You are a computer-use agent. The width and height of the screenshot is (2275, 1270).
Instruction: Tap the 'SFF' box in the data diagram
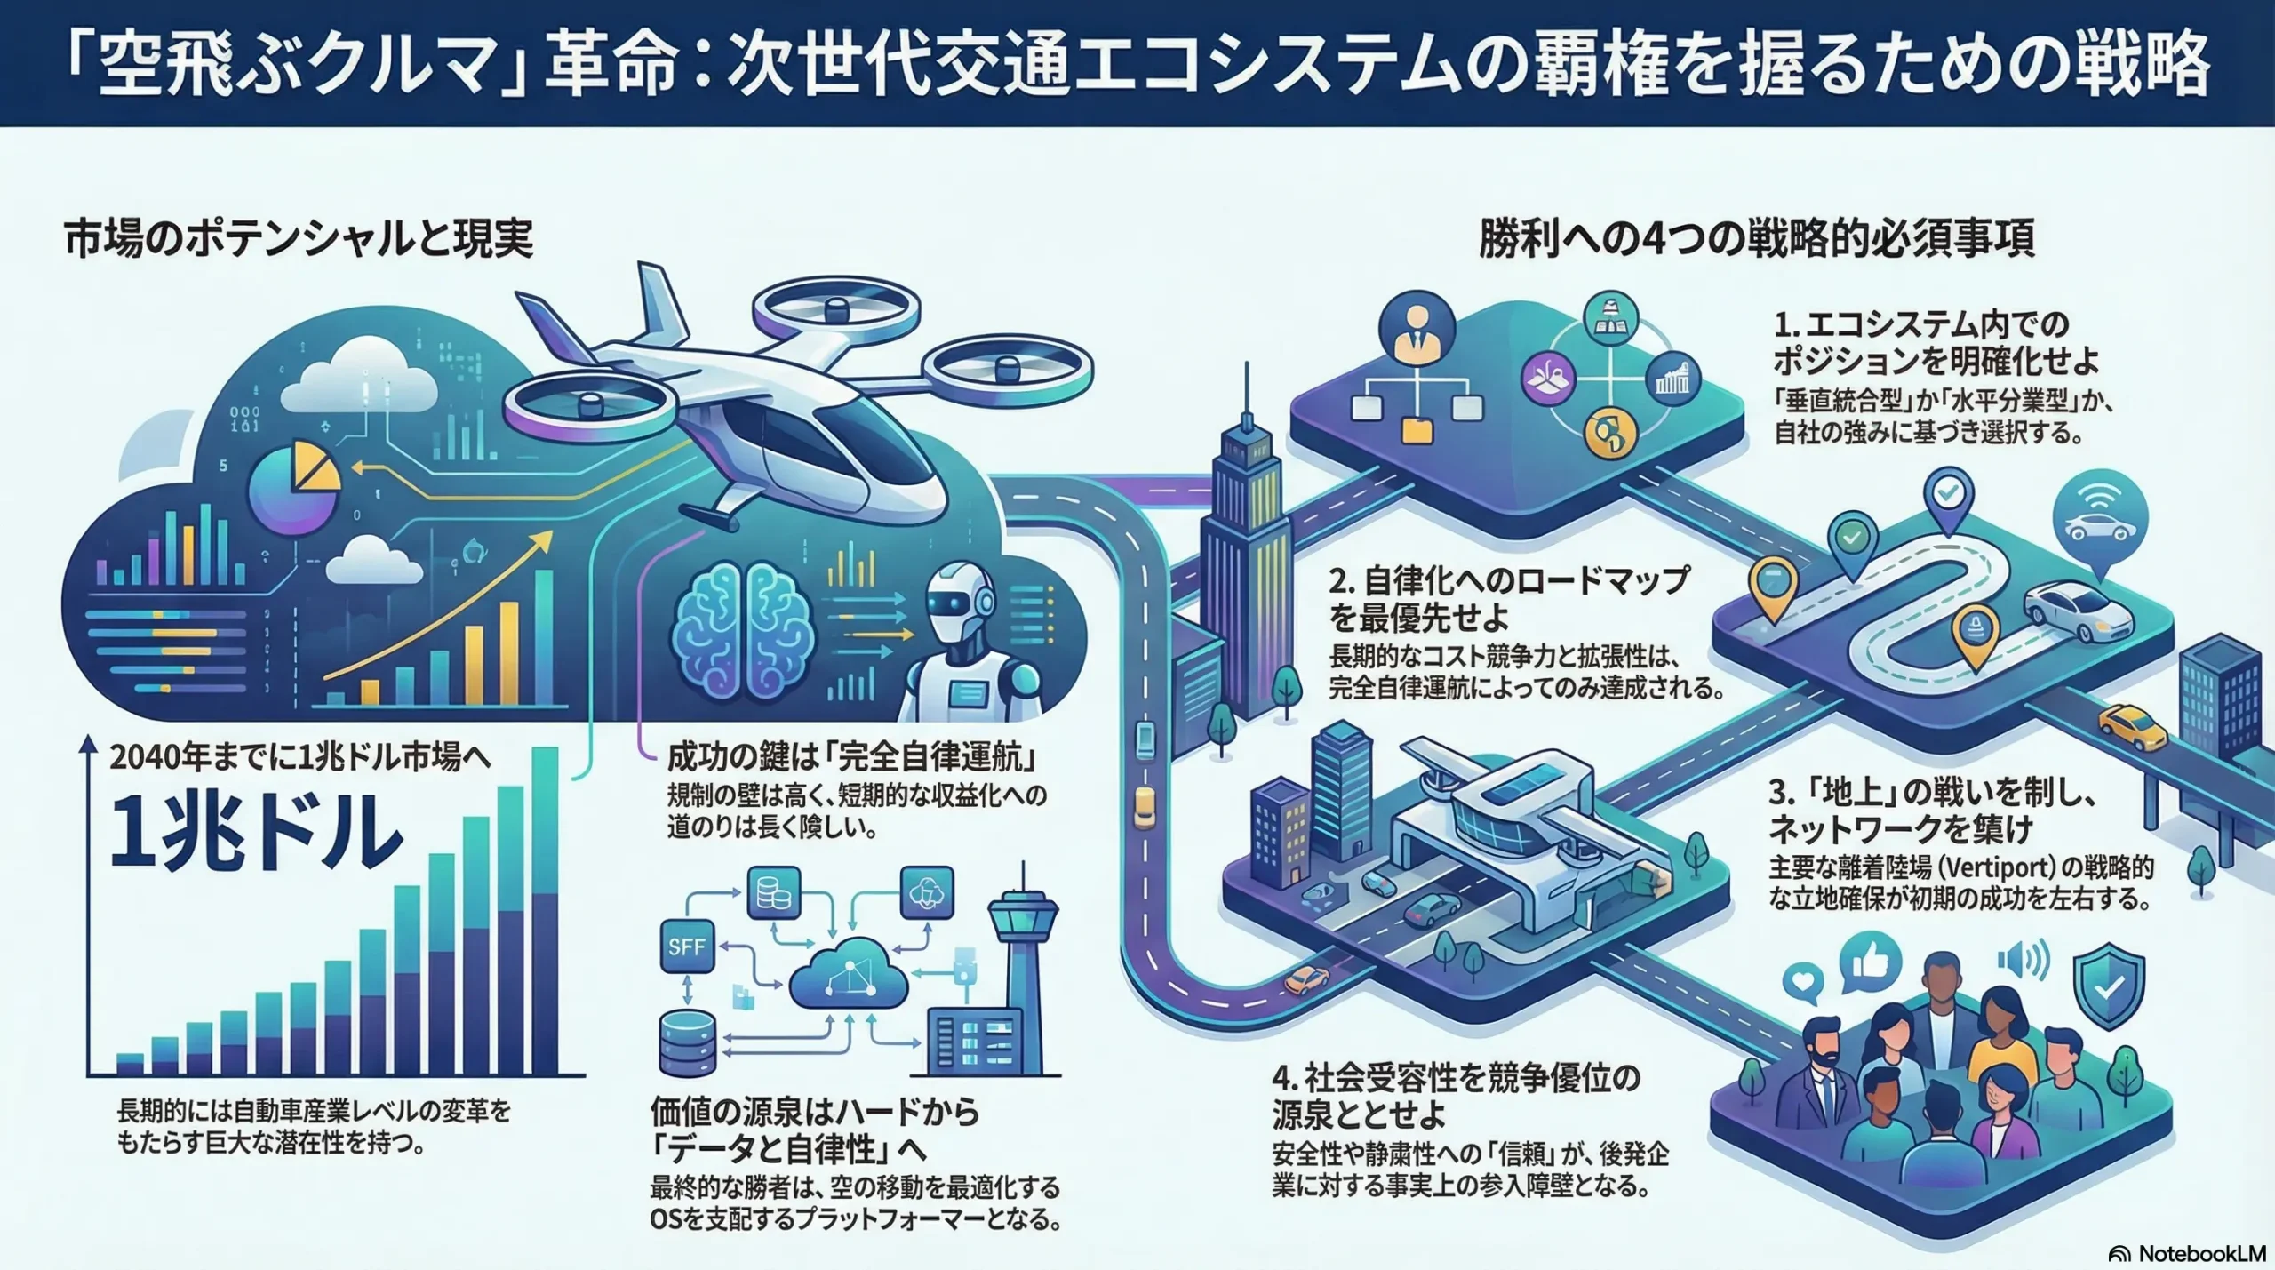pyautogui.click(x=686, y=947)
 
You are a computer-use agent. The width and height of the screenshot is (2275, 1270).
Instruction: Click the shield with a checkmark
pyautogui.click(x=2109, y=983)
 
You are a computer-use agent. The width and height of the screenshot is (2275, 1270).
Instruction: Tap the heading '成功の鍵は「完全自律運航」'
pyautogui.click(x=853, y=757)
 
